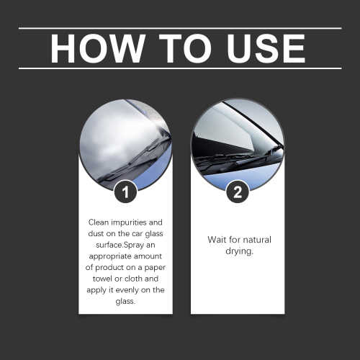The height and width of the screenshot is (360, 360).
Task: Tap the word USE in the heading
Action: click(263, 48)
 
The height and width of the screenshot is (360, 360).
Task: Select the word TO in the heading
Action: click(176, 48)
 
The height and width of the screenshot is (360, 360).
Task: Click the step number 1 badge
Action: click(125, 192)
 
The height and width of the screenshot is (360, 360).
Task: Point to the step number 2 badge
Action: click(238, 192)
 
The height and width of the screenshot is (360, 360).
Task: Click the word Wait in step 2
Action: click(216, 239)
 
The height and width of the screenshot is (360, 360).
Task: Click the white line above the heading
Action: click(180, 28)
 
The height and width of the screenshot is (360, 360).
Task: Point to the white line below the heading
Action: click(180, 68)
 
